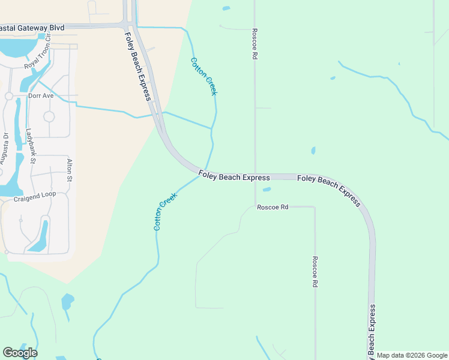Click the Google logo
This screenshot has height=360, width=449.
coord(20,353)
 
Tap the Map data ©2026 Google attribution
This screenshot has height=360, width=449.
coord(412,355)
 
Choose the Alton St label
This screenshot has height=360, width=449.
coord(70,170)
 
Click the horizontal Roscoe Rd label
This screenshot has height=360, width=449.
coord(273,207)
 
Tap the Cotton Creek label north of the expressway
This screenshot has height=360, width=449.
coord(203,76)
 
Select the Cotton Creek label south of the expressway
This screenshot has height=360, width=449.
coord(165,211)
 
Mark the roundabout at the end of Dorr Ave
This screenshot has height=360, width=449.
coord(9,96)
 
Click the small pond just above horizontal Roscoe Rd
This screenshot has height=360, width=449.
coord(267,190)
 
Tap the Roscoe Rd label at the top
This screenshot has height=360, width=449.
coord(255,43)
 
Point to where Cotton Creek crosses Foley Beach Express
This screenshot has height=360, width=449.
coord(205,170)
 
